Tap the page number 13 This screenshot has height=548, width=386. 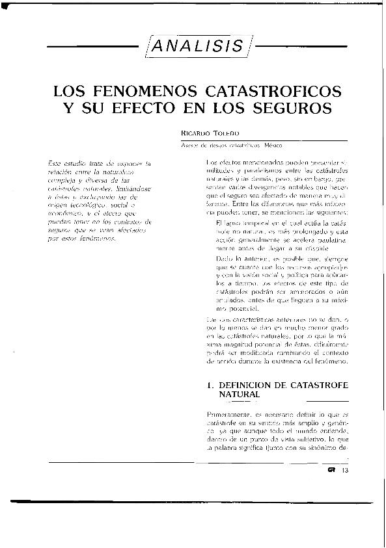tap(346, 472)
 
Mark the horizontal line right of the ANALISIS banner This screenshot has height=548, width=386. tap(298, 47)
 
